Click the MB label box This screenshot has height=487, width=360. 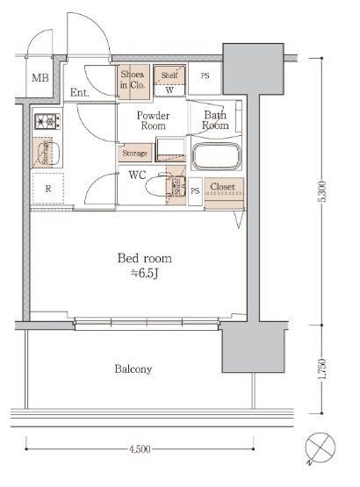(40, 80)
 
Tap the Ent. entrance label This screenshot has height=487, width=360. (80, 92)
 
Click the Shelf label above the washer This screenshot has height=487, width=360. (169, 75)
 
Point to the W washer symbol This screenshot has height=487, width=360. (169, 90)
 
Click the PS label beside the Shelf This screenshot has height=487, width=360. (205, 76)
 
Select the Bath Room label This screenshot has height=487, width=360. (216, 120)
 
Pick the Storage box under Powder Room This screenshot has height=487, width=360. (134, 154)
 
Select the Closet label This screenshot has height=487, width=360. (222, 187)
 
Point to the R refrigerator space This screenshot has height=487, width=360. (47, 188)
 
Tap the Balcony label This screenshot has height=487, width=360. (133, 369)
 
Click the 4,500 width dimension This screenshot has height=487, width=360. (138, 449)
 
